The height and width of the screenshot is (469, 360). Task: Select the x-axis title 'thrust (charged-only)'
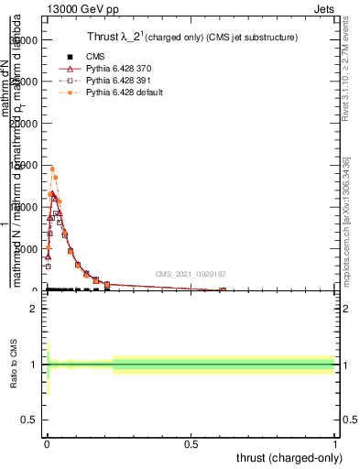point(289,457)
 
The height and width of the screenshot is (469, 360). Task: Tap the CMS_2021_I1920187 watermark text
point(190,274)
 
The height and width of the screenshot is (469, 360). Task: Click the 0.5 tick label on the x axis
point(191,443)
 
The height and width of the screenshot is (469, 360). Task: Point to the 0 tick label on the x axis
point(46,443)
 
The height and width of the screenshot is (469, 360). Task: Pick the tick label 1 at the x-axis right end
point(335,443)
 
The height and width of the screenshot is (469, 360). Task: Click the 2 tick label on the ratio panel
point(33,309)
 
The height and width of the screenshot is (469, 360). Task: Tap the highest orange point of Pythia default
point(52,169)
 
